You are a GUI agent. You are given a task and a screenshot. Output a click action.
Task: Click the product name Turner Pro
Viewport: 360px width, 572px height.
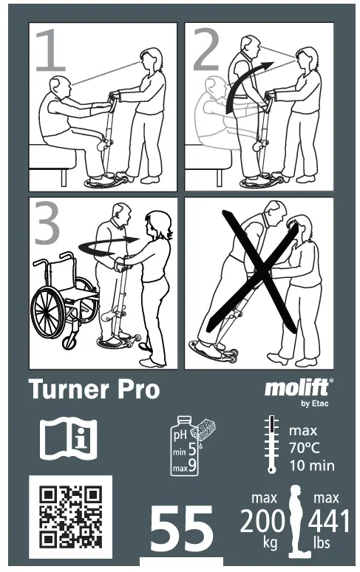tap(94, 389)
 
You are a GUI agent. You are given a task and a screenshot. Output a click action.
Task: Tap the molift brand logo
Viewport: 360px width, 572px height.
tap(298, 389)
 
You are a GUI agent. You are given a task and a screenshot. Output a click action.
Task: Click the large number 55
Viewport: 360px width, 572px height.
tap(182, 530)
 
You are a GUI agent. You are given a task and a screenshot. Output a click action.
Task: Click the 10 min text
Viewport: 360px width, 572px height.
tap(311, 466)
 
